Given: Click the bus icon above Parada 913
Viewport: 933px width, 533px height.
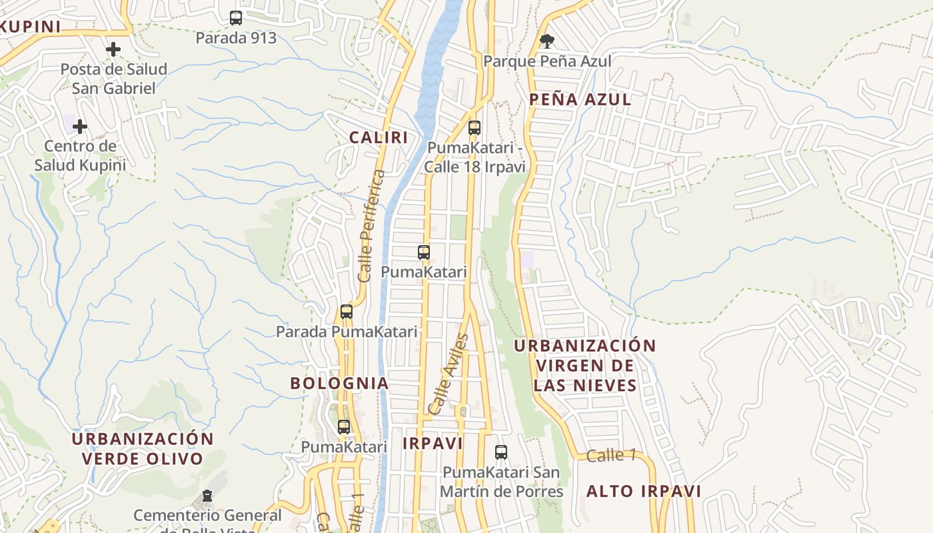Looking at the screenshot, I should coord(236,18).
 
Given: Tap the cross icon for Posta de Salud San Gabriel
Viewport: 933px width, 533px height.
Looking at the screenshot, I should coord(113,49).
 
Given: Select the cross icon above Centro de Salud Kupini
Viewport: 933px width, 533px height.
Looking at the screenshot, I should coord(80,127).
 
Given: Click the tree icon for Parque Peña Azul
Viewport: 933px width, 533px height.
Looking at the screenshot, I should coord(546,41).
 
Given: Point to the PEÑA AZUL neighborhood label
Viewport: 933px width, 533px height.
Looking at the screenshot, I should coord(580,100).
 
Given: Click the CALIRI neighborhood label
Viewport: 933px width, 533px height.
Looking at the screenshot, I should coord(379,138).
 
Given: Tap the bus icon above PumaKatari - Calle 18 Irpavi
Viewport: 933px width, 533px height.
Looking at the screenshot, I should coord(474,127).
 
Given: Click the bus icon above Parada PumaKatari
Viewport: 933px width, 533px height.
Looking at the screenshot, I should coord(346,311).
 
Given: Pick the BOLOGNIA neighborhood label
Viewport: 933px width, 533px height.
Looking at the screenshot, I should coord(339,383).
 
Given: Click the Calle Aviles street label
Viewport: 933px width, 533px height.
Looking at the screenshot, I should coord(449,374).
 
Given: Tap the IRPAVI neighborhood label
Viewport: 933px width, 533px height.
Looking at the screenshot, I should coord(433,444).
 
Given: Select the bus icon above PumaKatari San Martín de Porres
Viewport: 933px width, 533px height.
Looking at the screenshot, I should coord(501,452).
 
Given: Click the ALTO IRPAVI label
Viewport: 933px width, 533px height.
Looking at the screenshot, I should coord(644,492).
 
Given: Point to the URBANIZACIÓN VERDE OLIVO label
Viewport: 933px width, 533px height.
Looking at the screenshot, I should coord(143,449).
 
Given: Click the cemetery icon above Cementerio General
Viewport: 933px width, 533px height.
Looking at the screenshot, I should coord(207,496).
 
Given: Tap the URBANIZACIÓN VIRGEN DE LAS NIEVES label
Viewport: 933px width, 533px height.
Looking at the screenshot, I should coord(585,365).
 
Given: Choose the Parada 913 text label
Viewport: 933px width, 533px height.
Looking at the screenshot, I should coord(236,38).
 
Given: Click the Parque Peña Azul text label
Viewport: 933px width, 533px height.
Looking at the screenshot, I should coord(547,61).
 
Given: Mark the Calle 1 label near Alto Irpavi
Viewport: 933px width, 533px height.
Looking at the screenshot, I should coord(611,456).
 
